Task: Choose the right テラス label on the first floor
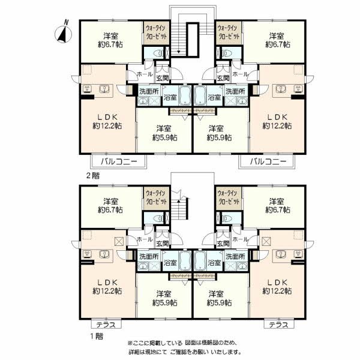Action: [277, 325]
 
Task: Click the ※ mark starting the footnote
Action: [130, 342]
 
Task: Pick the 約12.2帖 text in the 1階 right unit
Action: [277, 290]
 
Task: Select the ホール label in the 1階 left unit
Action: [145, 239]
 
